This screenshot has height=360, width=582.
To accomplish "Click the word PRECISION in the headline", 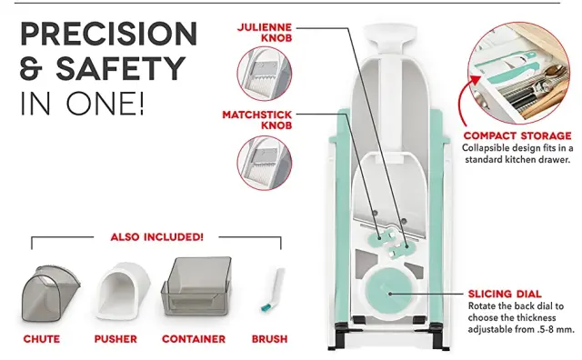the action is pos(108,35).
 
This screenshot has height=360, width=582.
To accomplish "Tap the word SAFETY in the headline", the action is pos(121,69).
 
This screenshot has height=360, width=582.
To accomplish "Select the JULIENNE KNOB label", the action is pos(265,33).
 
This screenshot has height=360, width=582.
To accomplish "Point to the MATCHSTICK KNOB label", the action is pos(257,120).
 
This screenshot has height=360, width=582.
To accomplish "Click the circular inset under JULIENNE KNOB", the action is pos(265,74).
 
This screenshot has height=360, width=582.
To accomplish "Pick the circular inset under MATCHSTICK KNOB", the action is pos(265,163).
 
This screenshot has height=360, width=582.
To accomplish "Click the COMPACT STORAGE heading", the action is pos(517,135).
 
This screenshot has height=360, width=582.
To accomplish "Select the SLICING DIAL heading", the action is pos(505,295).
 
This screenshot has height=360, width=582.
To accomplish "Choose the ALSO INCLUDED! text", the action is pos(157,236).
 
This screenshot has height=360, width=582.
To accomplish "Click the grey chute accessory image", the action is pos(50,293).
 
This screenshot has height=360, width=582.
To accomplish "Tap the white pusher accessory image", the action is pos(123,291).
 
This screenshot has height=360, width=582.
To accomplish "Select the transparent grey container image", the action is pos(196,285).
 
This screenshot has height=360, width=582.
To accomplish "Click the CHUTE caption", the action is pos(42,339).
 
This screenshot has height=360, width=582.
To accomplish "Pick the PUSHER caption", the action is pos(115,339).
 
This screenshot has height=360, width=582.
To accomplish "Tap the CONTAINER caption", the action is pos(194,339).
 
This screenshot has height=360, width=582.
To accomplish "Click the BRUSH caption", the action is pos(269,339).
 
